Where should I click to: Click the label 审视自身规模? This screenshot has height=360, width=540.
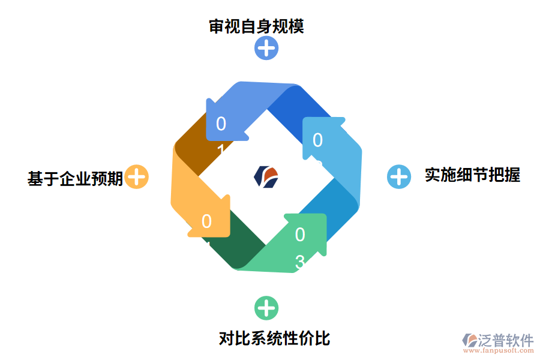click(x=256, y=26)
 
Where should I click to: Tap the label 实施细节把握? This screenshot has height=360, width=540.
click(x=472, y=175)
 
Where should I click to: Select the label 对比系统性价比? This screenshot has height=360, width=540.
click(x=274, y=338)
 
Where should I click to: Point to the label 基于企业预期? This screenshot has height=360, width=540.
click(x=75, y=178)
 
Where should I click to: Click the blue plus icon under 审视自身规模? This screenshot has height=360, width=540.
click(x=266, y=48)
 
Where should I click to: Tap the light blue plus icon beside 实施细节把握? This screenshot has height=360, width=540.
click(x=398, y=176)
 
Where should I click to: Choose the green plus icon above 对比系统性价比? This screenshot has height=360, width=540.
click(x=266, y=308)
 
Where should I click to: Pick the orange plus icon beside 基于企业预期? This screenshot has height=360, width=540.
click(x=137, y=177)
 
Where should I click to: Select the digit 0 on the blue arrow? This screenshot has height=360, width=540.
click(x=221, y=124)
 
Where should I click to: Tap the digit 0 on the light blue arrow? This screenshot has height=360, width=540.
click(x=318, y=140)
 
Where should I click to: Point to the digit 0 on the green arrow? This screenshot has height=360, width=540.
click(x=300, y=235)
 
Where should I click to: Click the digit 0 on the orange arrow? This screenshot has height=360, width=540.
click(x=206, y=221)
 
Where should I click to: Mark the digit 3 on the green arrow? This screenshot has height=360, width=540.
click(x=300, y=261)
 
